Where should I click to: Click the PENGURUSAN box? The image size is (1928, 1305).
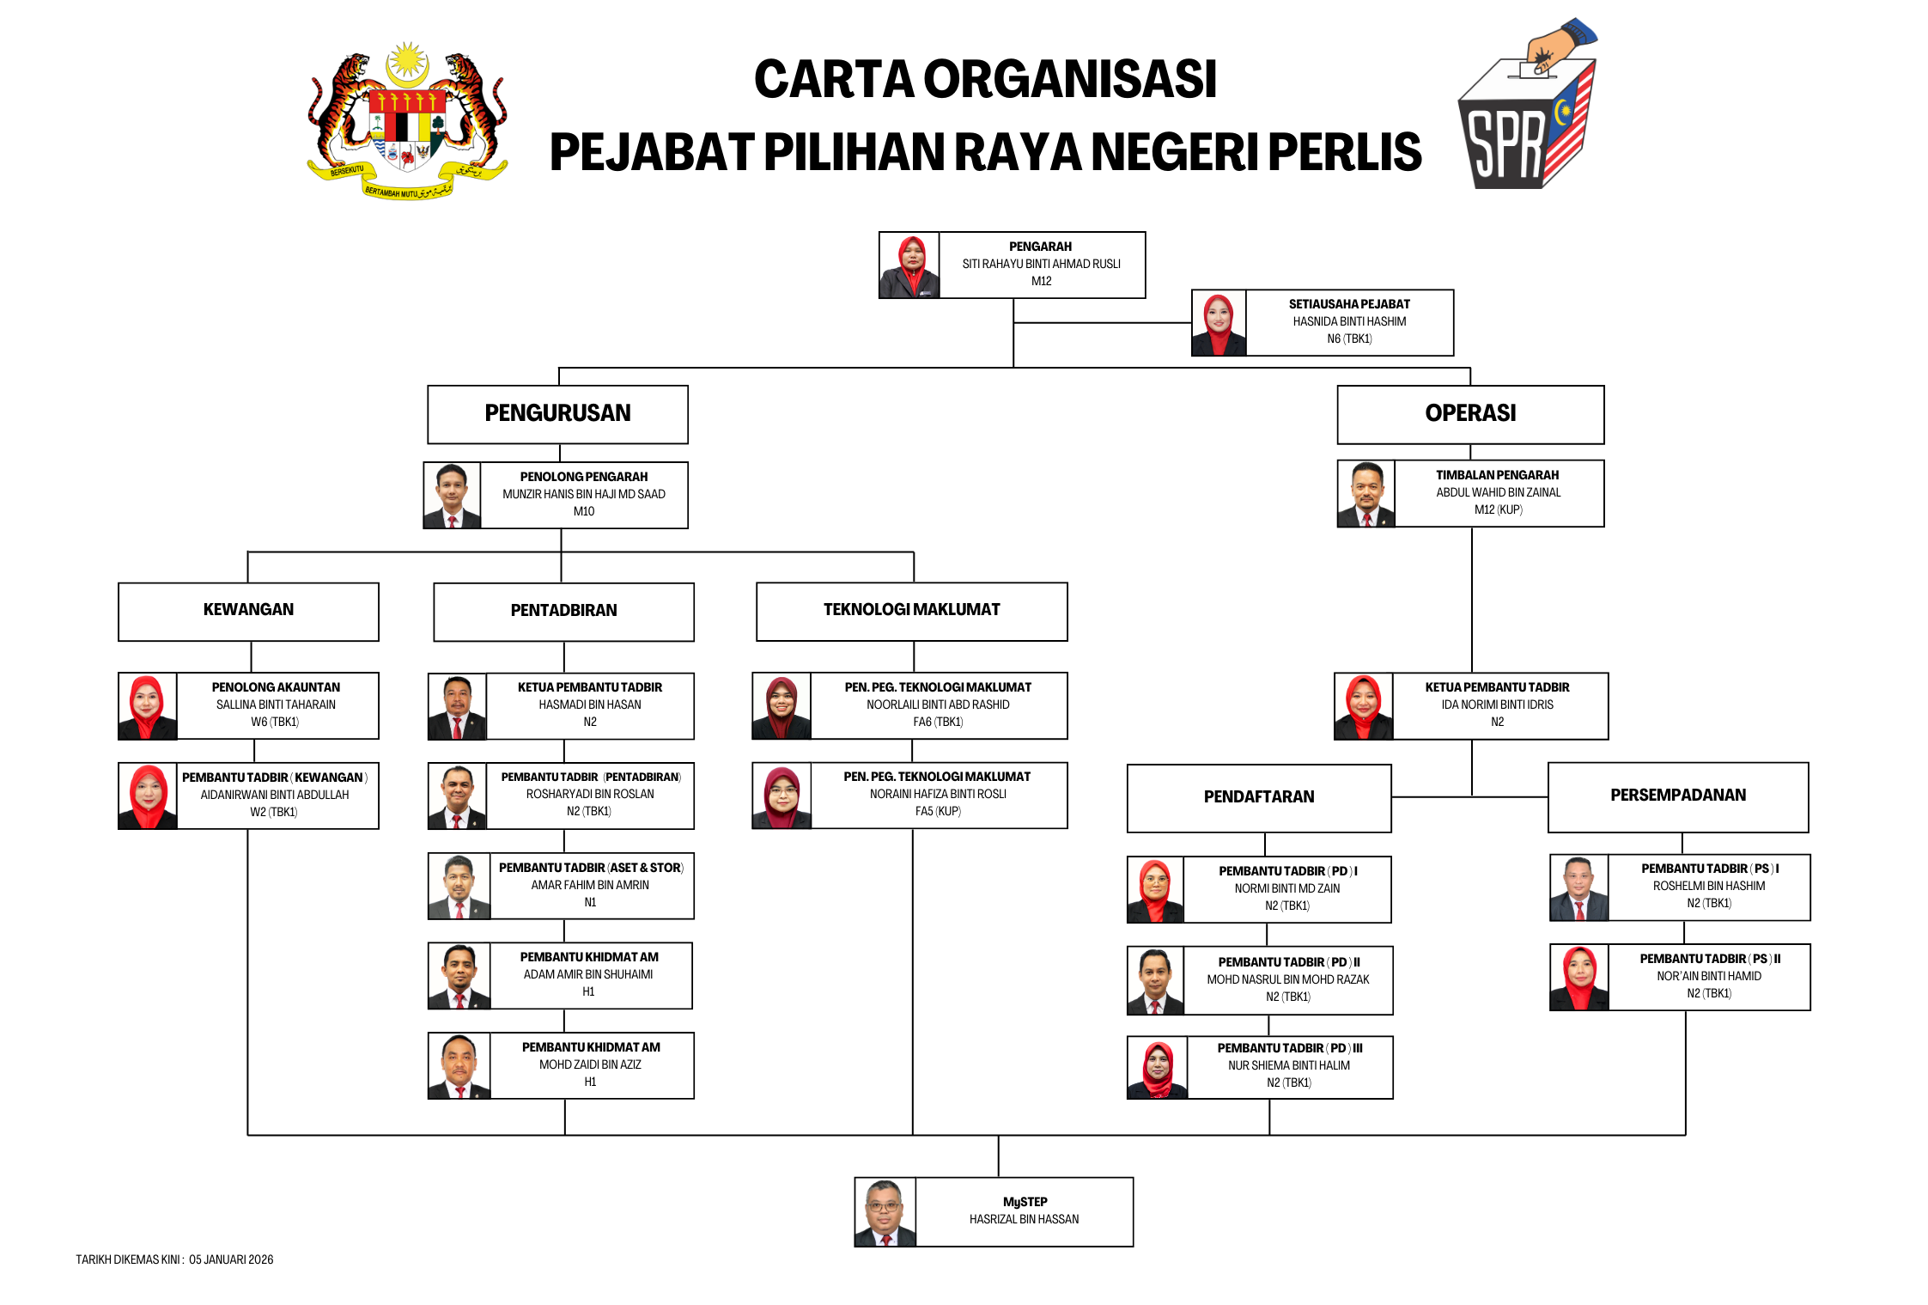(x=558, y=414)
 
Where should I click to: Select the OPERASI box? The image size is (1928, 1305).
(x=1470, y=414)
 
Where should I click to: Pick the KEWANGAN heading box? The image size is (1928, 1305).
(x=248, y=611)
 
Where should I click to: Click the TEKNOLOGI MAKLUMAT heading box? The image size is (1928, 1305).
(x=911, y=611)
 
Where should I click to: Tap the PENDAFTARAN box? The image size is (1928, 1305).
(x=1259, y=797)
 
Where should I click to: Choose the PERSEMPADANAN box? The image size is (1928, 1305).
(x=1678, y=796)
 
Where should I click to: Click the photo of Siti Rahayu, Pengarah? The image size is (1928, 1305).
(x=909, y=265)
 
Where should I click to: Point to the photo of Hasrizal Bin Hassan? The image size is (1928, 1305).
(x=885, y=1212)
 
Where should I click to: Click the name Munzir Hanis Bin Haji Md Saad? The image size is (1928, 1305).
(x=584, y=495)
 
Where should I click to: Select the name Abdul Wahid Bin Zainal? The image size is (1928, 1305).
(x=1499, y=493)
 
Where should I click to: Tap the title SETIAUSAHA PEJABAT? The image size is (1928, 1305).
(x=1349, y=304)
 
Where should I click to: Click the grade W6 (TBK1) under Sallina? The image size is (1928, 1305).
(x=275, y=723)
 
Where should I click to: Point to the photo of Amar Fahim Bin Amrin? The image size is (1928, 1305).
(x=459, y=887)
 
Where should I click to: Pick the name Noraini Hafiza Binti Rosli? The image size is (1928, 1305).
(x=938, y=795)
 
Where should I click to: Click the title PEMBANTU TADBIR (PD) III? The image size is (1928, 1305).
(x=1290, y=1049)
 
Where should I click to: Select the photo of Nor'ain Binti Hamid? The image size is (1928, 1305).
(x=1579, y=978)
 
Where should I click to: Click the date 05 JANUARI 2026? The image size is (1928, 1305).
(x=231, y=1260)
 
